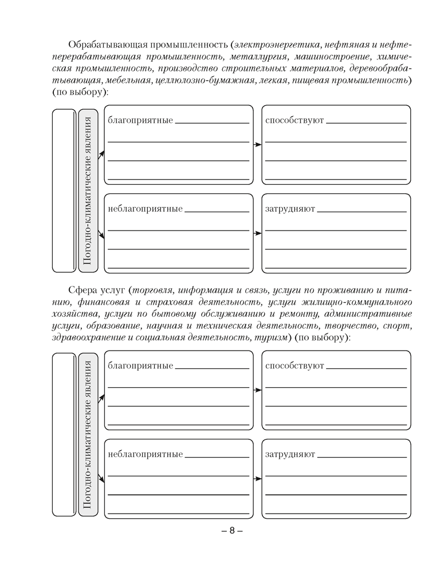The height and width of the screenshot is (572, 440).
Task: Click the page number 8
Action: [x=232, y=531]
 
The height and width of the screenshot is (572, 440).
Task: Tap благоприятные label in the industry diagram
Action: [x=140, y=121]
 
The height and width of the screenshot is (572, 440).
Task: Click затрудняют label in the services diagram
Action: [x=290, y=454]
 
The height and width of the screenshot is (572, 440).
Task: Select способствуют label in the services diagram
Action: [x=294, y=366]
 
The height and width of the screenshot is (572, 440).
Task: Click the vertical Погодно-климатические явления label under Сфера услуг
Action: [x=88, y=434]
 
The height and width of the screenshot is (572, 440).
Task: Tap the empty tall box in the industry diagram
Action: [x=64, y=190]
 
